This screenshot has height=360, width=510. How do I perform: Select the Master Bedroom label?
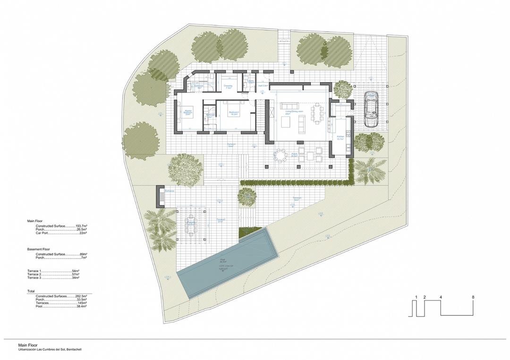coord(187,113)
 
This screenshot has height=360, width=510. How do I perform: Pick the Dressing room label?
coord(228,87)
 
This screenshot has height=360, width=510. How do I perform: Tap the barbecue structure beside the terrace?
coord(160,196)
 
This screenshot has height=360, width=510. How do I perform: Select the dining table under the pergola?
coord(190,222)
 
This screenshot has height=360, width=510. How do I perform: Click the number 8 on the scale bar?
coord(473,297)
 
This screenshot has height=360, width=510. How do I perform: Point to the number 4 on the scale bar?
coord(441,297)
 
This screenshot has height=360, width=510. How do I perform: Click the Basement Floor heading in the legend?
coord(39,249)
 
